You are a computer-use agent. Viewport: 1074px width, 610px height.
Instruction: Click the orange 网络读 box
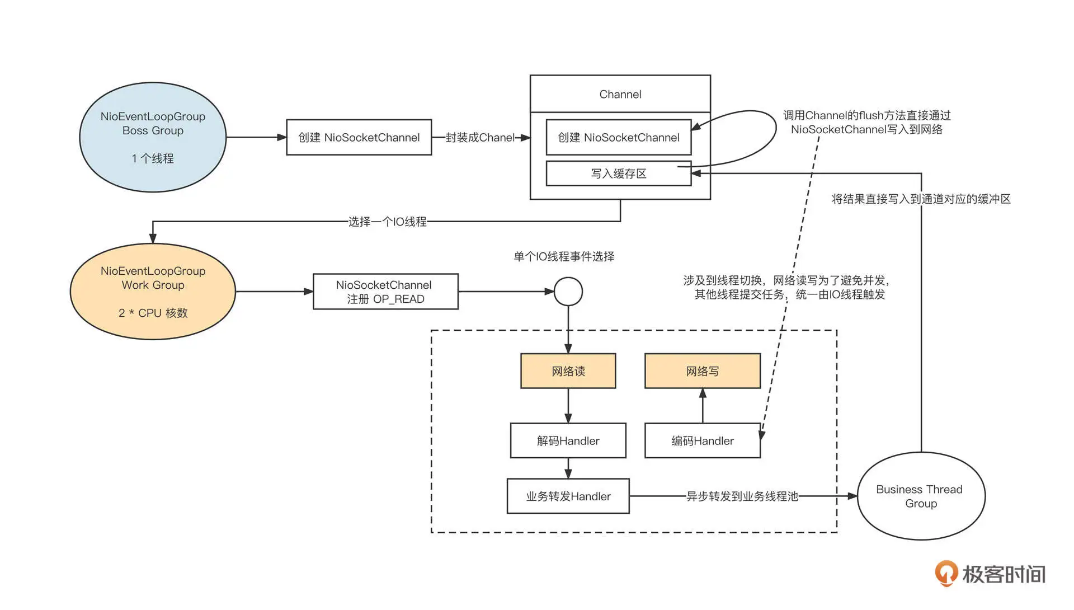tap(568, 371)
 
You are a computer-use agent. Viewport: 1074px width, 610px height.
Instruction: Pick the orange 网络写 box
tap(703, 371)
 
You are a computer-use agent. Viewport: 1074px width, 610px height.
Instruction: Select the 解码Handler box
tap(568, 441)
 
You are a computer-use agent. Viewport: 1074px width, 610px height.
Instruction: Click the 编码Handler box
tap(702, 441)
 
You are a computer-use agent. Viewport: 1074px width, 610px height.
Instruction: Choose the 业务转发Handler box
tap(568, 496)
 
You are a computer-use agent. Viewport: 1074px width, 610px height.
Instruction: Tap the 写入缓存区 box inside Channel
tap(618, 173)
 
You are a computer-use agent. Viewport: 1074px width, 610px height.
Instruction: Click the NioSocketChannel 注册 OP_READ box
tap(385, 292)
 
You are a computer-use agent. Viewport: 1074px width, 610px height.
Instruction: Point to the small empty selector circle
tap(568, 292)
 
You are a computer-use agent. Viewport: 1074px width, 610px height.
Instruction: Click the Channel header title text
tap(620, 95)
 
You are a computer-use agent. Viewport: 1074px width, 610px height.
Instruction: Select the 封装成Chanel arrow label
tap(480, 138)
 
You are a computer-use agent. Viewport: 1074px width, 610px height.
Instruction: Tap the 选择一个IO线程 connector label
tap(387, 222)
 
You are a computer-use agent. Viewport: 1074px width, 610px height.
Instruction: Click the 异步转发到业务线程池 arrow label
tap(742, 496)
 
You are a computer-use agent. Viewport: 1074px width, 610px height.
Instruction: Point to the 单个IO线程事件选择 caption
tap(564, 257)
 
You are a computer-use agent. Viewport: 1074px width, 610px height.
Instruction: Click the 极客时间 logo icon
tap(946, 574)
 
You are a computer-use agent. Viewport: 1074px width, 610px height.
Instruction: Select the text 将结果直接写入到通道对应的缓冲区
tap(921, 199)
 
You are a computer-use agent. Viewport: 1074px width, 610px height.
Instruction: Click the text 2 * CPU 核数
tap(153, 313)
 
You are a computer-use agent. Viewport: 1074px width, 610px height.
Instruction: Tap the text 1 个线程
tap(153, 159)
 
